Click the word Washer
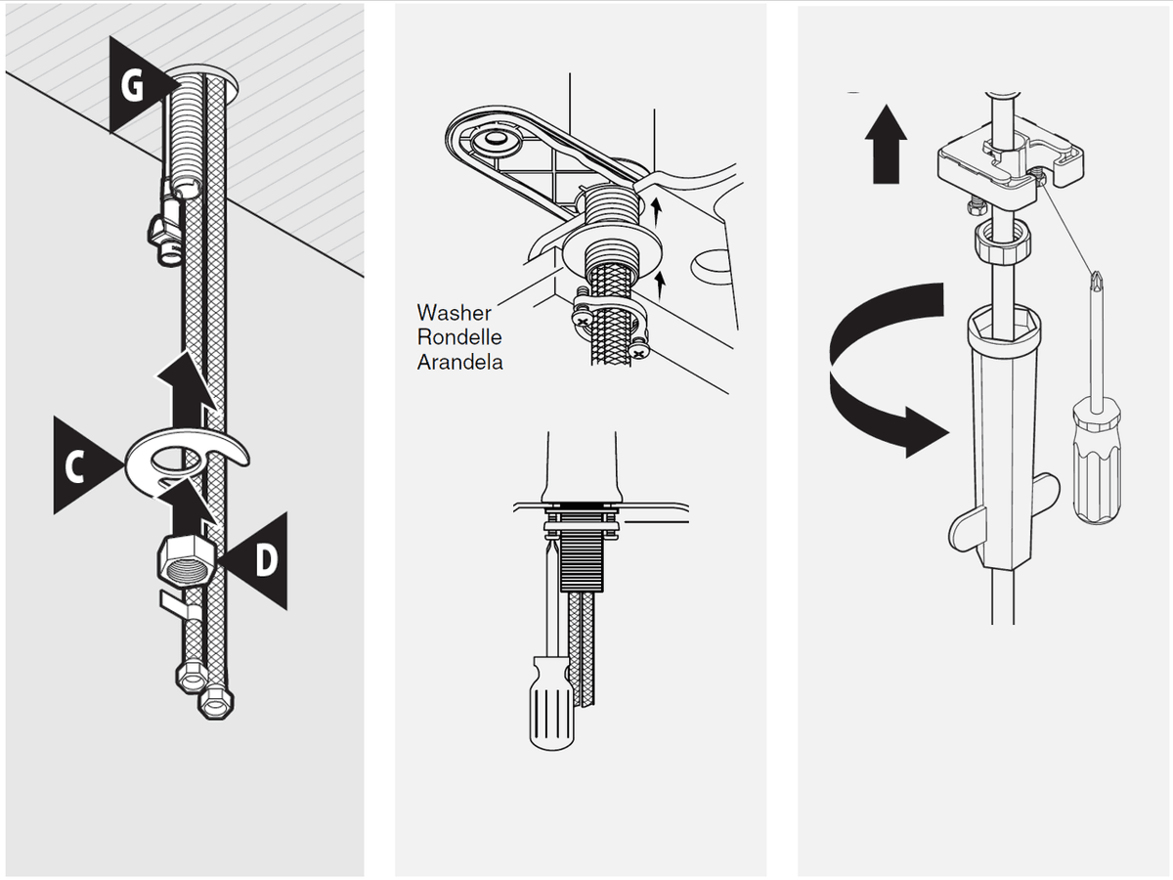(x=455, y=313)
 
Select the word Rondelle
(x=459, y=337)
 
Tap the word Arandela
(x=459, y=361)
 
